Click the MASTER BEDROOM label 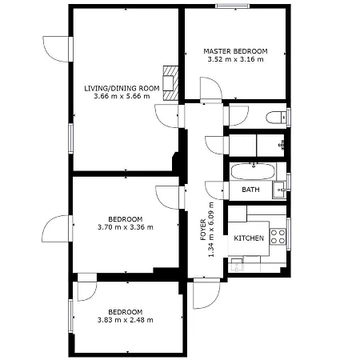tap(235, 50)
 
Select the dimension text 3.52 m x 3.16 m tap(235, 59)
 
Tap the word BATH tap(250, 190)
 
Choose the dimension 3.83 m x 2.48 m tap(126, 320)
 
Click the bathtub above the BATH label tap(252, 172)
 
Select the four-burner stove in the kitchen tap(278, 236)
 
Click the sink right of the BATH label tap(278, 189)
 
